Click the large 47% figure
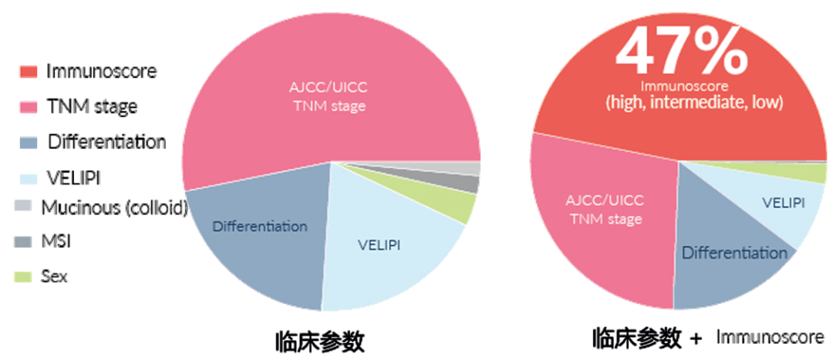(682, 50)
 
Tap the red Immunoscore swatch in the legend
(29, 72)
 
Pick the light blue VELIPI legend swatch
(29, 179)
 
